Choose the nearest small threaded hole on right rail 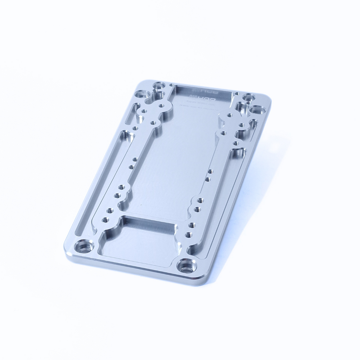188,235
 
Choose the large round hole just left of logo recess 158,86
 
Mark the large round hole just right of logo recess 248,97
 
